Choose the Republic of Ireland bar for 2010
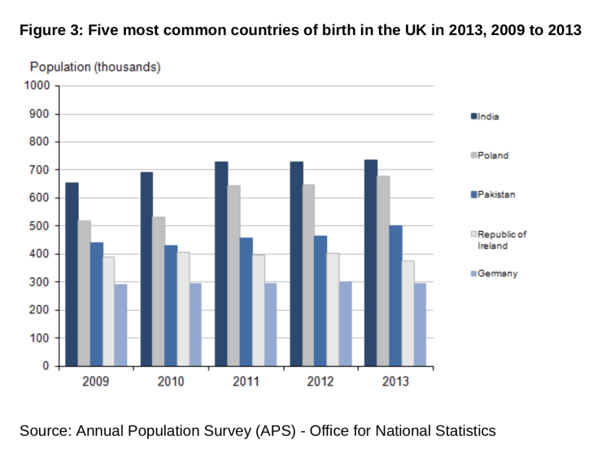(184, 309)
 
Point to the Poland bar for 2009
(85, 293)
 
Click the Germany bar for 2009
(121, 325)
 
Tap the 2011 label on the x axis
(246, 381)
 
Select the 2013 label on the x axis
(395, 381)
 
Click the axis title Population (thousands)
(95, 67)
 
